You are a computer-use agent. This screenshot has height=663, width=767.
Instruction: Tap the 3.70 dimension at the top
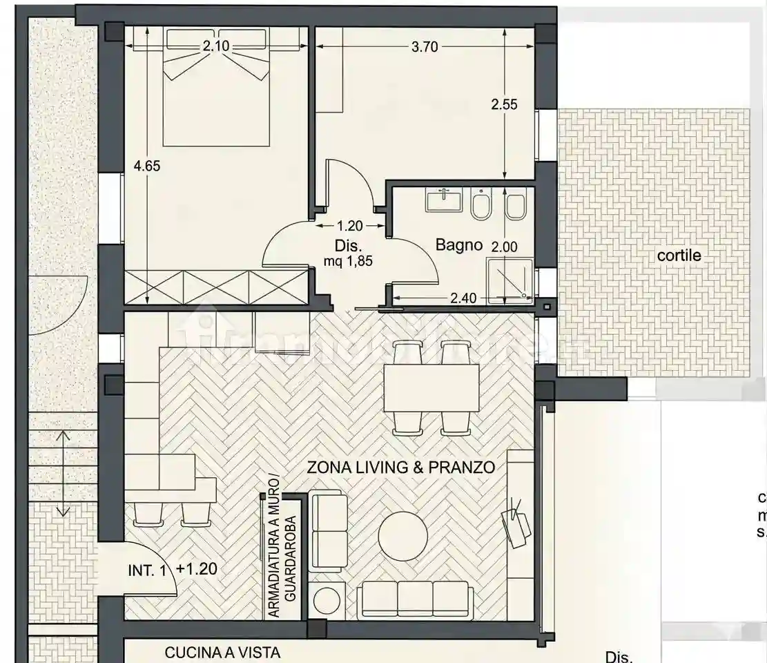pyautogui.click(x=425, y=48)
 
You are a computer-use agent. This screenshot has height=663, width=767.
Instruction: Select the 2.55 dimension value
pyautogui.click(x=504, y=105)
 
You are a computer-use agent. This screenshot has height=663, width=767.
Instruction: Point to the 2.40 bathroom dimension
pyautogui.click(x=463, y=298)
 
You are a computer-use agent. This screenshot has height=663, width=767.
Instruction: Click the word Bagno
pyautogui.click(x=458, y=244)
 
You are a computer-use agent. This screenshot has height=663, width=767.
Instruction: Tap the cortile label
pyautogui.click(x=679, y=256)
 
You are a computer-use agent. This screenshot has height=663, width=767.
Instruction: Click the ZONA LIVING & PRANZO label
pyautogui.click(x=400, y=468)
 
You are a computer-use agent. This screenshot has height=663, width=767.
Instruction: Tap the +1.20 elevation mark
pyautogui.click(x=197, y=570)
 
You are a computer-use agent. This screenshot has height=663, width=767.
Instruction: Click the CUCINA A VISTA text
pyautogui.click(x=222, y=651)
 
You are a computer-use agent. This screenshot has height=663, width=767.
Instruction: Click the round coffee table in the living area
pyautogui.click(x=404, y=537)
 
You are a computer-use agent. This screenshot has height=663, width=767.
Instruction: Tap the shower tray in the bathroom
pyautogui.click(x=509, y=280)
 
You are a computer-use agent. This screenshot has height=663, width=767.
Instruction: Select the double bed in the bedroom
pyautogui.click(x=215, y=93)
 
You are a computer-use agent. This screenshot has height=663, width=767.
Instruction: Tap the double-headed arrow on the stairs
pyautogui.click(x=63, y=473)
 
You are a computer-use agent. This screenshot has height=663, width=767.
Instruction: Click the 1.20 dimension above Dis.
pyautogui.click(x=350, y=225)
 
